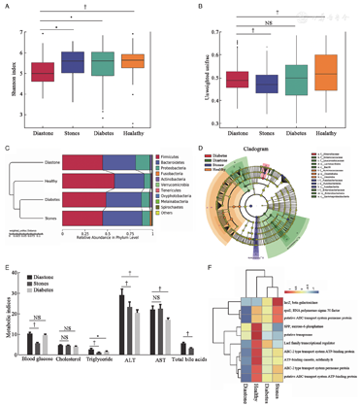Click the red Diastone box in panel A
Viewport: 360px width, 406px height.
coord(43,73)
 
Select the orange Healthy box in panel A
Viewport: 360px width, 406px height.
coord(133,61)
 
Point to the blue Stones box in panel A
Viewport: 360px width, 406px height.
coord(73,62)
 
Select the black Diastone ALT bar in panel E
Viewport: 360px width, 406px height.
coord(123,311)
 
